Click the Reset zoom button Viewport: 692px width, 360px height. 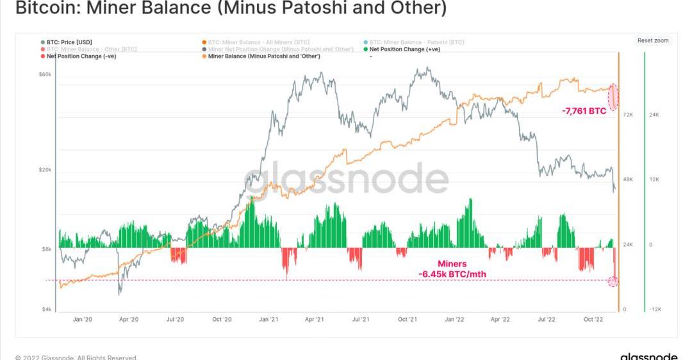pos(652,40)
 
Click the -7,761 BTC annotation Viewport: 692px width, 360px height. pos(584,111)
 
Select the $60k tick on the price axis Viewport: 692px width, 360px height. pos(45,74)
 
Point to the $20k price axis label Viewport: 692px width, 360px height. pos(45,170)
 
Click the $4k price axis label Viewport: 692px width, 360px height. pos(47,309)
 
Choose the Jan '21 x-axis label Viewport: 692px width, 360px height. pos(268,318)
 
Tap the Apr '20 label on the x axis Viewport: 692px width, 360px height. pos(129,318)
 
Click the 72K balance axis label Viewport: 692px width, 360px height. pos(627,115)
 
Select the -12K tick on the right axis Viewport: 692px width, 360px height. pos(655,309)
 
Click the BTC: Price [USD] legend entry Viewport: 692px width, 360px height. pos(69,42)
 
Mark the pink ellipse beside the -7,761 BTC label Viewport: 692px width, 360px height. pos(613,96)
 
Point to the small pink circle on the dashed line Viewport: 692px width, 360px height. pos(613,281)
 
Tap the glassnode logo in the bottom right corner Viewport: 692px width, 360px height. pos(648,356)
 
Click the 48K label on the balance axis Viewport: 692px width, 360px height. pos(627,179)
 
